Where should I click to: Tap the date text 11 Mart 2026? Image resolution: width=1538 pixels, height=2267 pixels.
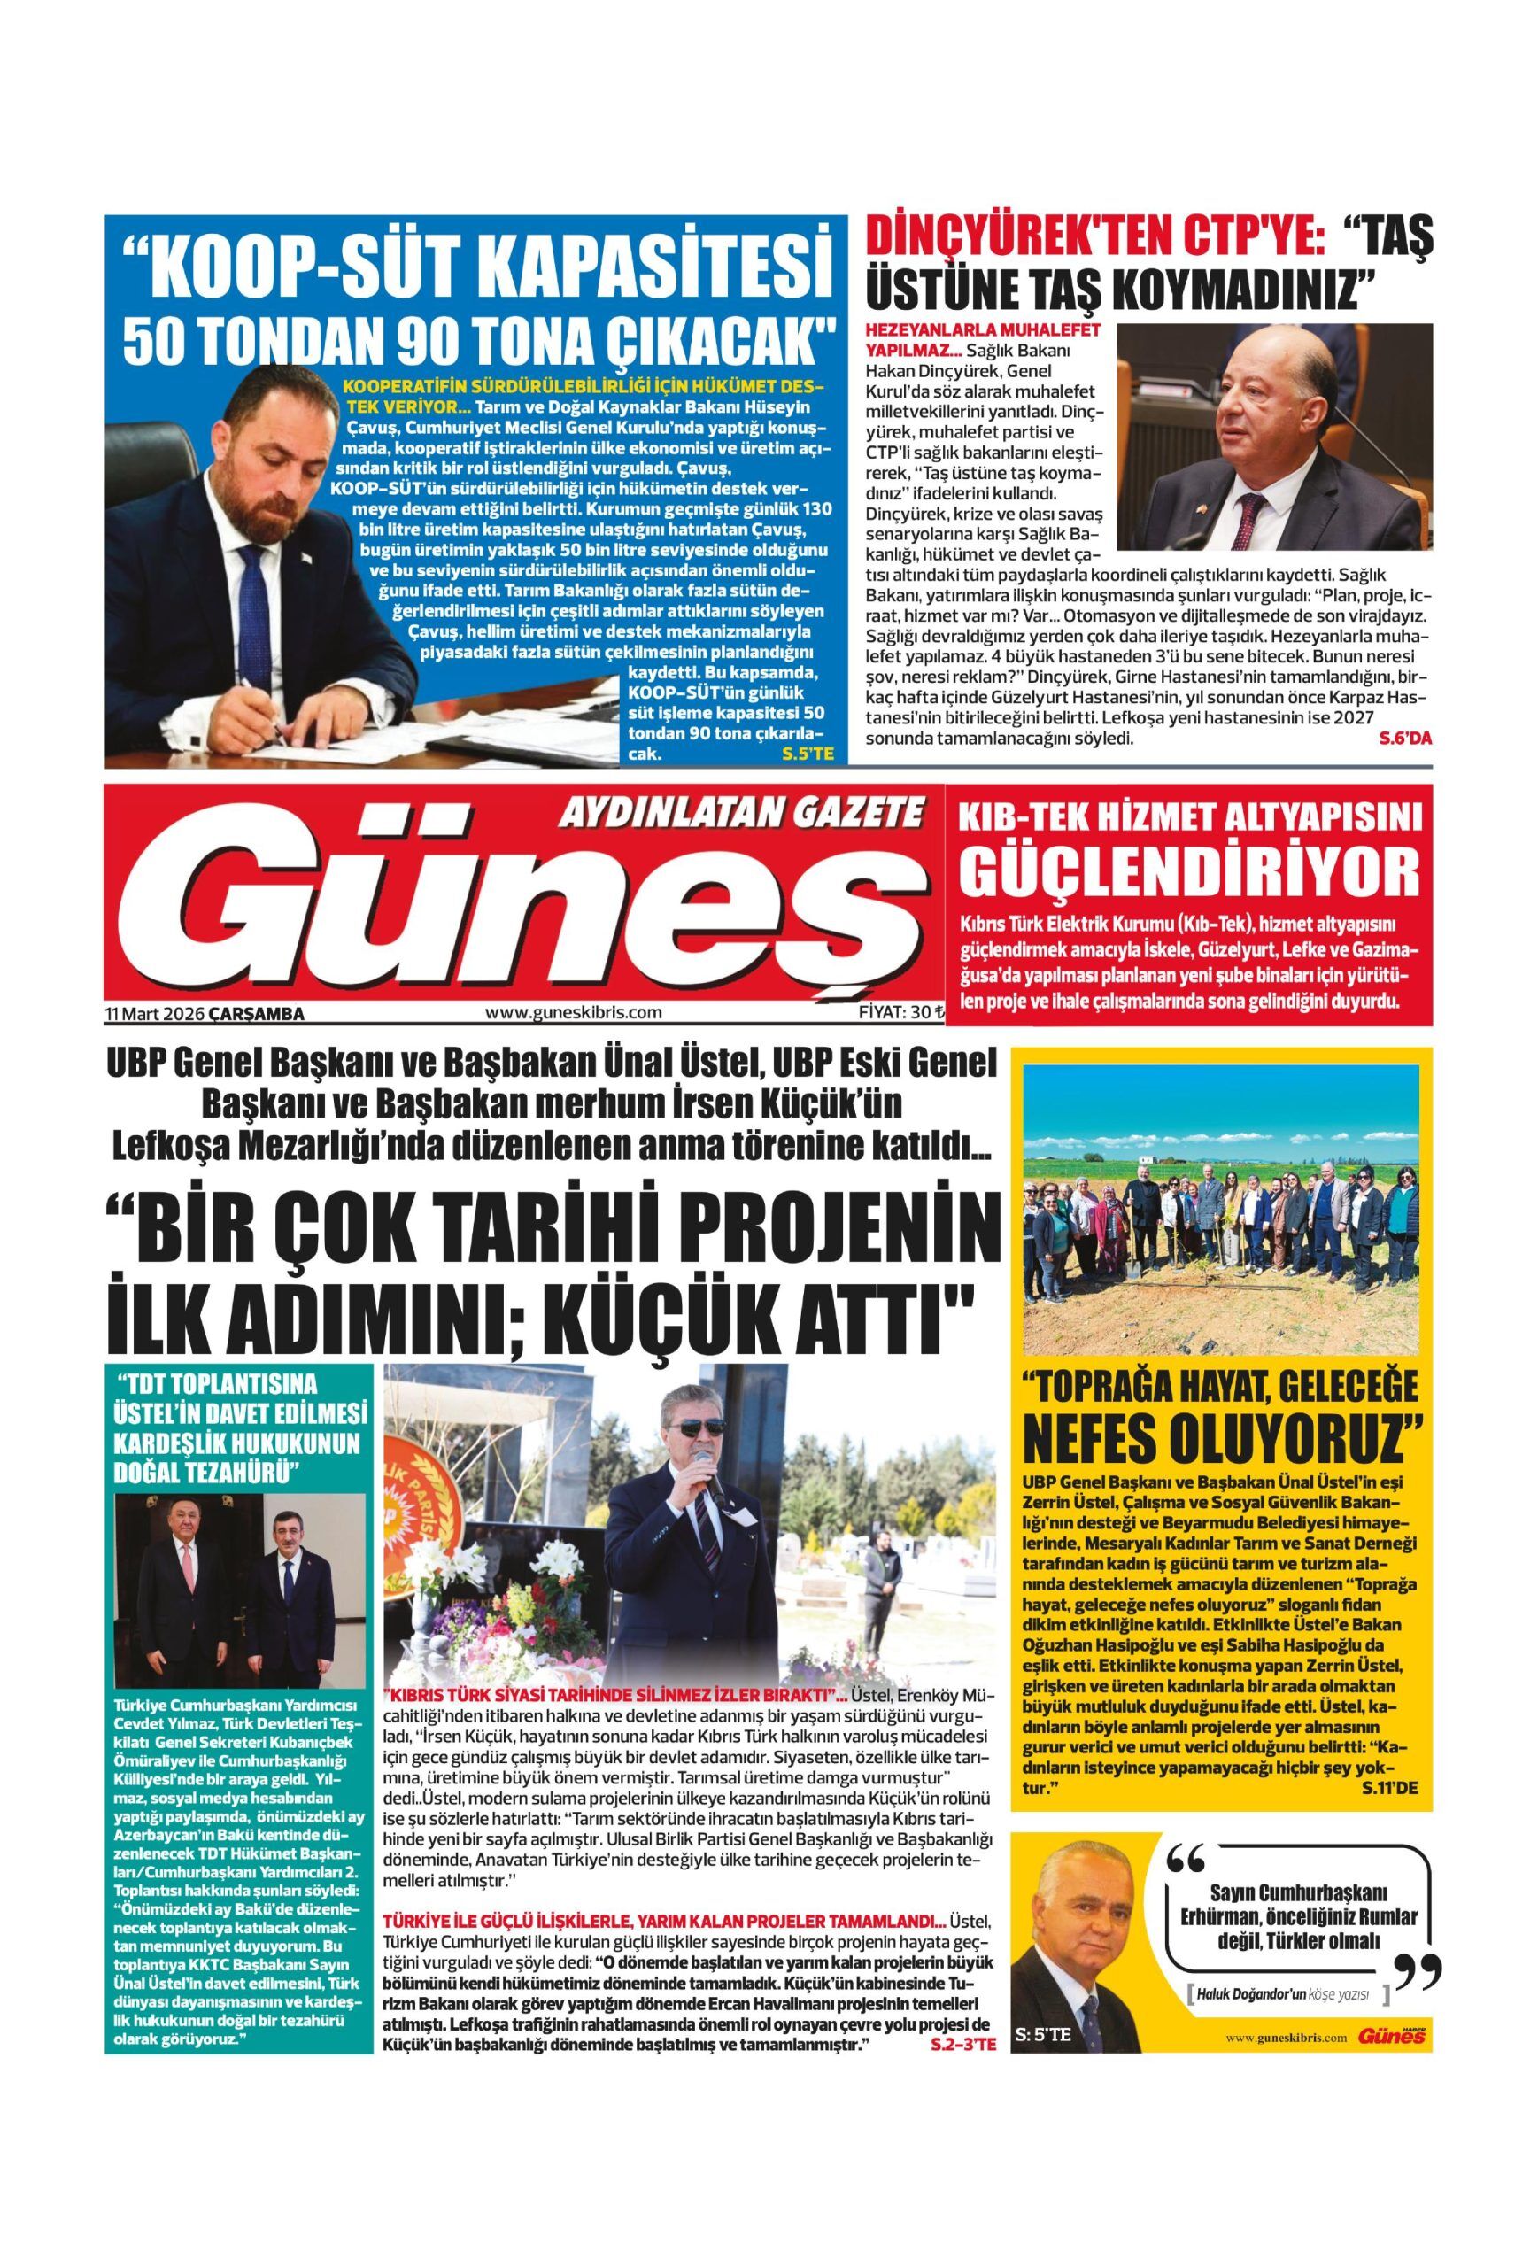click(x=153, y=1015)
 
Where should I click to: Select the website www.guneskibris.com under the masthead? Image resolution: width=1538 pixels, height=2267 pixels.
click(x=574, y=1012)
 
